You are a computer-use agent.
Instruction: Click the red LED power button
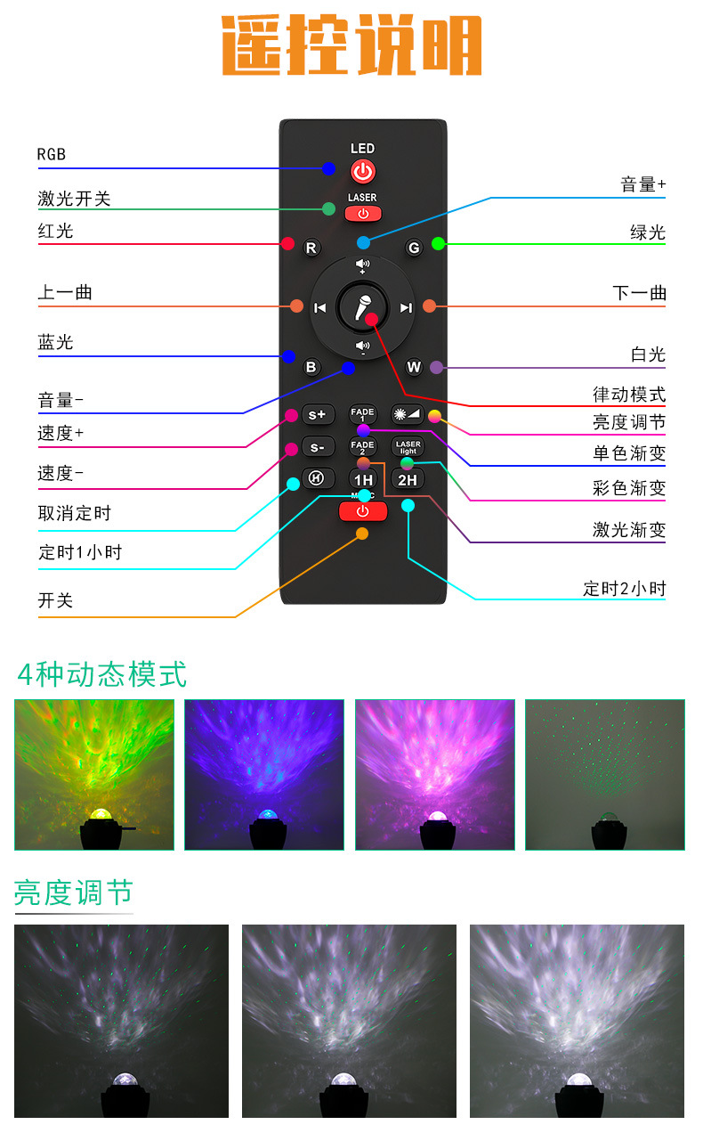tap(362, 171)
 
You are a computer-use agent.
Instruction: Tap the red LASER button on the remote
tap(362, 213)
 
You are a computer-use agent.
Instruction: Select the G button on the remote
tap(413, 248)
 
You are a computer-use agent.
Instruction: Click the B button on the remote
tap(311, 366)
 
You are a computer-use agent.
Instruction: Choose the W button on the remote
tap(414, 366)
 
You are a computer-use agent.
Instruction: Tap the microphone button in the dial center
tap(362, 307)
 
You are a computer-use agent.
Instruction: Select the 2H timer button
tap(408, 479)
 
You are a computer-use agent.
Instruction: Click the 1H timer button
tap(363, 479)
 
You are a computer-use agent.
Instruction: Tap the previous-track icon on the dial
tap(320, 308)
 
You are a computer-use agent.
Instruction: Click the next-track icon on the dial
tap(406, 308)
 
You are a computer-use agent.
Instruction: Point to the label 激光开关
tap(74, 199)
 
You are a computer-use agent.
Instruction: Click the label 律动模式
tap(629, 394)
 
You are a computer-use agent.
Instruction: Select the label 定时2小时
tap(624, 588)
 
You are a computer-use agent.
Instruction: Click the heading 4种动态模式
tap(102, 673)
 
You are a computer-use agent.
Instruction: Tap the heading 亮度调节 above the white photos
tap(73, 892)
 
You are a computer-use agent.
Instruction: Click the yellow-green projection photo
tap(93, 774)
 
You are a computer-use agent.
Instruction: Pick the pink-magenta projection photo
tap(434, 774)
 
